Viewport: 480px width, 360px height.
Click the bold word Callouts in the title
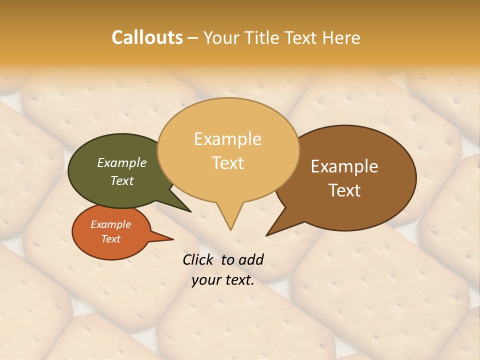click(147, 37)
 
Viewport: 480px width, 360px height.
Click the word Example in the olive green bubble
click(121, 162)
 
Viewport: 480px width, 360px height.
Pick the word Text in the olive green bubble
click(121, 180)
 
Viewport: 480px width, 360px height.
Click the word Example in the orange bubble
click(110, 224)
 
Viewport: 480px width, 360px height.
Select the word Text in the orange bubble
click(110, 239)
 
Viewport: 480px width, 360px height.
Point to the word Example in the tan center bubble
click(227, 139)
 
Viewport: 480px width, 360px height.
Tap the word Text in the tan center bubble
click(228, 163)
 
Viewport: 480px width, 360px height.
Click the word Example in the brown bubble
click(344, 166)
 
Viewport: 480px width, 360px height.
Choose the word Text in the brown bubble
click(344, 190)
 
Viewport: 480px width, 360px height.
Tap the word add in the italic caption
click(251, 259)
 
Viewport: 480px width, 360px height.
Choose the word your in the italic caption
click(205, 280)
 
